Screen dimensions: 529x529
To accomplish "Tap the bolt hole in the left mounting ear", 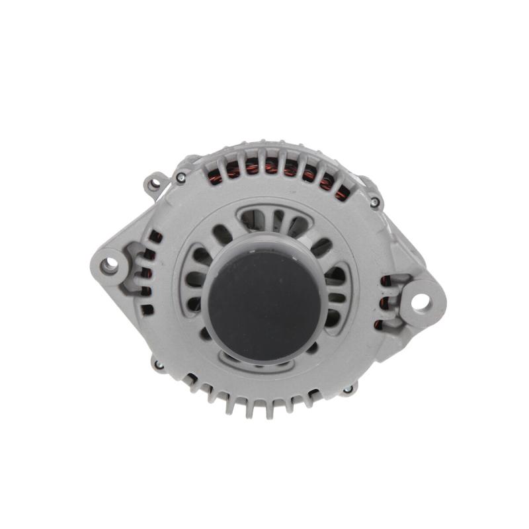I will click(x=109, y=265).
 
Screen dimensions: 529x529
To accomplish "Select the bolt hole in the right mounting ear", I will click(x=421, y=302).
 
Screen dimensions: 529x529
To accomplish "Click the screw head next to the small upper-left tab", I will click(x=180, y=177).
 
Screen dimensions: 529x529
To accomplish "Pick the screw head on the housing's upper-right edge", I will click(x=374, y=202).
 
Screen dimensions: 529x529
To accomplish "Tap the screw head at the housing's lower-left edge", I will click(x=158, y=364).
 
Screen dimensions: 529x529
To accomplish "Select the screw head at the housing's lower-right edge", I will click(x=348, y=389).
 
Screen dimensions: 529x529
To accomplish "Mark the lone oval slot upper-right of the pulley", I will click(x=321, y=247).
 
